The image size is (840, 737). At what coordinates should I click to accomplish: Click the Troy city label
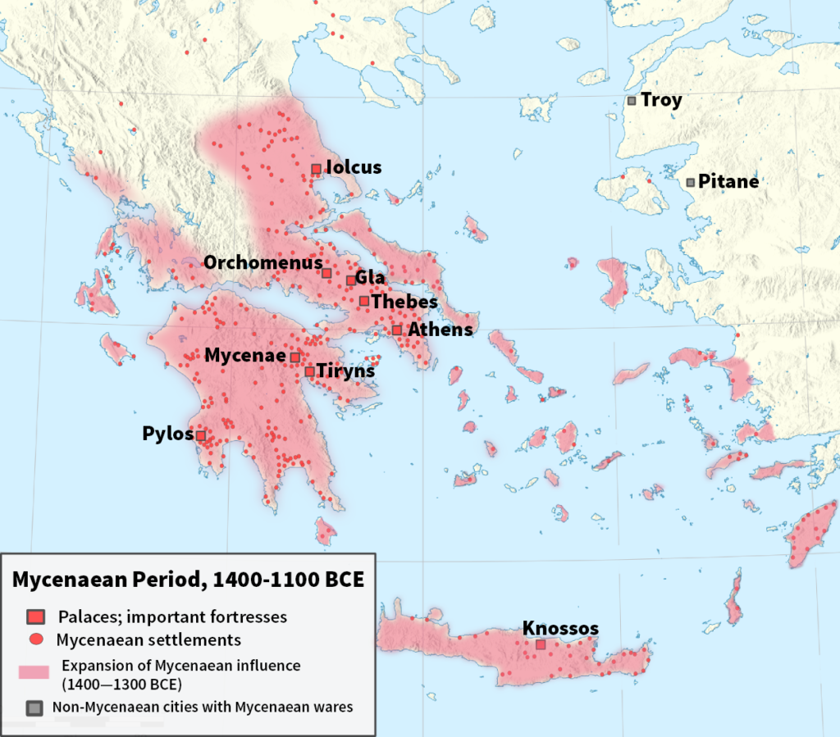661,101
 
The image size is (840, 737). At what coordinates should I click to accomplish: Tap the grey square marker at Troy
632,101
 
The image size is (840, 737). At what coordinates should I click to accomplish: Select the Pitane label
728,182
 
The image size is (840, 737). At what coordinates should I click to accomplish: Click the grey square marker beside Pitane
691,182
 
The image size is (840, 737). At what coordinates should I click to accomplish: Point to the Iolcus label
354,168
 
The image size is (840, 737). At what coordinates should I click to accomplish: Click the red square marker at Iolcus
316,169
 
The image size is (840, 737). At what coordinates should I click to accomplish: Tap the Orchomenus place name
262,263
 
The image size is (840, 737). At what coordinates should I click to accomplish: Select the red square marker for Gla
351,280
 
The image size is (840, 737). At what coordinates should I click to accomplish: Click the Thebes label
404,302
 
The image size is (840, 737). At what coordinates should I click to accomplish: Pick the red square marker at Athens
397,330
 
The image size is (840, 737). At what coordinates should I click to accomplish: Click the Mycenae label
245,356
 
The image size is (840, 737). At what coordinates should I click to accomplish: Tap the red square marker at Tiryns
309,371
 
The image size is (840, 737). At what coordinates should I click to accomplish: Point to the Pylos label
167,434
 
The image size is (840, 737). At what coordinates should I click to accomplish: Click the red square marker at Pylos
200,435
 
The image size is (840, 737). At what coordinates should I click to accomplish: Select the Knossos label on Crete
560,629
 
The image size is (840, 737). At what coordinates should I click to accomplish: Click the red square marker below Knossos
540,644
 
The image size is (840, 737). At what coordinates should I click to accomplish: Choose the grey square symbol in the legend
34,707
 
